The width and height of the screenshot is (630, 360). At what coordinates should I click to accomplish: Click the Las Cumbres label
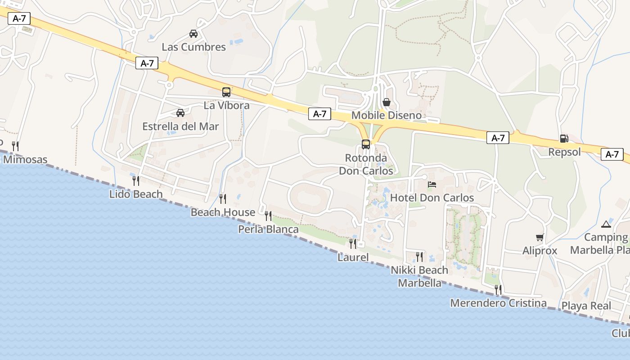[193, 47]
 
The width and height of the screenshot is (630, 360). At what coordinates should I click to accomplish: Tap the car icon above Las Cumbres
[193, 33]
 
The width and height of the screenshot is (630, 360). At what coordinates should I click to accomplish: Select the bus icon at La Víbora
[226, 92]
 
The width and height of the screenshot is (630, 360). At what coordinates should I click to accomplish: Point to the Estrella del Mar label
[180, 126]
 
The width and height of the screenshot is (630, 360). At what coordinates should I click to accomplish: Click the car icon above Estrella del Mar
[180, 112]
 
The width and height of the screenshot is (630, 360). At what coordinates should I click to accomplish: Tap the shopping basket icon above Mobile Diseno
[386, 102]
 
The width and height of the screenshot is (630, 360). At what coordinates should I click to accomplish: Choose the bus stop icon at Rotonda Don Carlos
[366, 144]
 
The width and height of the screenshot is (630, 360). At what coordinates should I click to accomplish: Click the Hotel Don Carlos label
[432, 198]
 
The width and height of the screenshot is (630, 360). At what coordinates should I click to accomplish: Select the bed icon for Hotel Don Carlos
[432, 184]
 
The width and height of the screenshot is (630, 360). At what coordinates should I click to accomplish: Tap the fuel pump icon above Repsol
[564, 138]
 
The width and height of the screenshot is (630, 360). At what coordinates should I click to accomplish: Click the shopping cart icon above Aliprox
[540, 237]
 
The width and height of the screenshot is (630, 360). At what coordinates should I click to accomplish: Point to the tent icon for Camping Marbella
[606, 224]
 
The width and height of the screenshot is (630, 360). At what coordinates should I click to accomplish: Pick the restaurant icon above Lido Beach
[135, 180]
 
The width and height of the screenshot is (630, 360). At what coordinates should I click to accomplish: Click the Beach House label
[223, 212]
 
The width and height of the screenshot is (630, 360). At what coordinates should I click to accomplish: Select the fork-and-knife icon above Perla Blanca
[268, 216]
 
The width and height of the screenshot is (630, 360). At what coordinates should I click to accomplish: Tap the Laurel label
[353, 257]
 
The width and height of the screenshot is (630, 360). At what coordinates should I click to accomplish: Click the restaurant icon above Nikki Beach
[419, 256]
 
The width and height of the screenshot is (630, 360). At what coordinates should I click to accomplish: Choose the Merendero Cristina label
[498, 303]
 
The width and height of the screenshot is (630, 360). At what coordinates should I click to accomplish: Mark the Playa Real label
[586, 306]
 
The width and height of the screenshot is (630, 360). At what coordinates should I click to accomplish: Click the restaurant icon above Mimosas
[15, 145]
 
